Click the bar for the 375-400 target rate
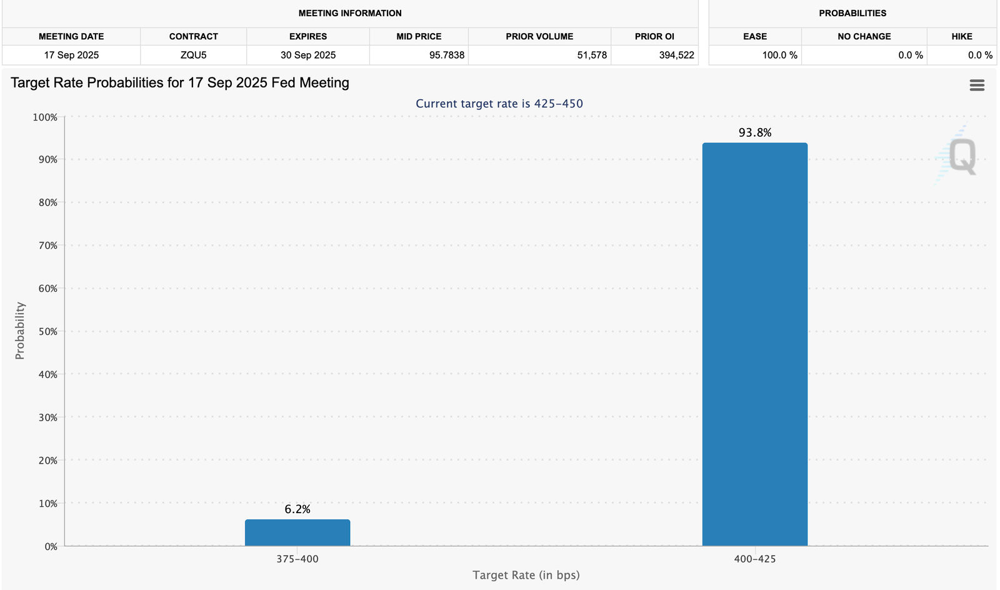pyautogui.click(x=297, y=532)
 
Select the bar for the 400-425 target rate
pyautogui.click(x=754, y=344)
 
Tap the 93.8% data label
pyautogui.click(x=754, y=132)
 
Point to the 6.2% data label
pyautogui.click(x=297, y=509)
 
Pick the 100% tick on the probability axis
pyautogui.click(x=45, y=117)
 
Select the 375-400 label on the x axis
pyautogui.click(x=297, y=559)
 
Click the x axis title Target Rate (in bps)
pyautogui.click(x=526, y=575)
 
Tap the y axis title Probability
pyautogui.click(x=20, y=331)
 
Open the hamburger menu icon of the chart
pyautogui.click(x=977, y=85)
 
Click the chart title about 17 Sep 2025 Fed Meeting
pyautogui.click(x=180, y=82)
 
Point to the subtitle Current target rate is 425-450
pyautogui.click(x=499, y=104)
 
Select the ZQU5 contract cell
pyautogui.click(x=193, y=55)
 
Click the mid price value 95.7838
pyautogui.click(x=446, y=55)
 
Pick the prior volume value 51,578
pyautogui.click(x=591, y=55)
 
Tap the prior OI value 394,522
pyautogui.click(x=676, y=55)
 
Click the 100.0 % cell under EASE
pyautogui.click(x=779, y=55)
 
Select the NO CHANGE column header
pyautogui.click(x=864, y=36)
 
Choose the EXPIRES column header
pyautogui.click(x=307, y=36)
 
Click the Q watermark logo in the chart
pyautogui.click(x=961, y=156)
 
